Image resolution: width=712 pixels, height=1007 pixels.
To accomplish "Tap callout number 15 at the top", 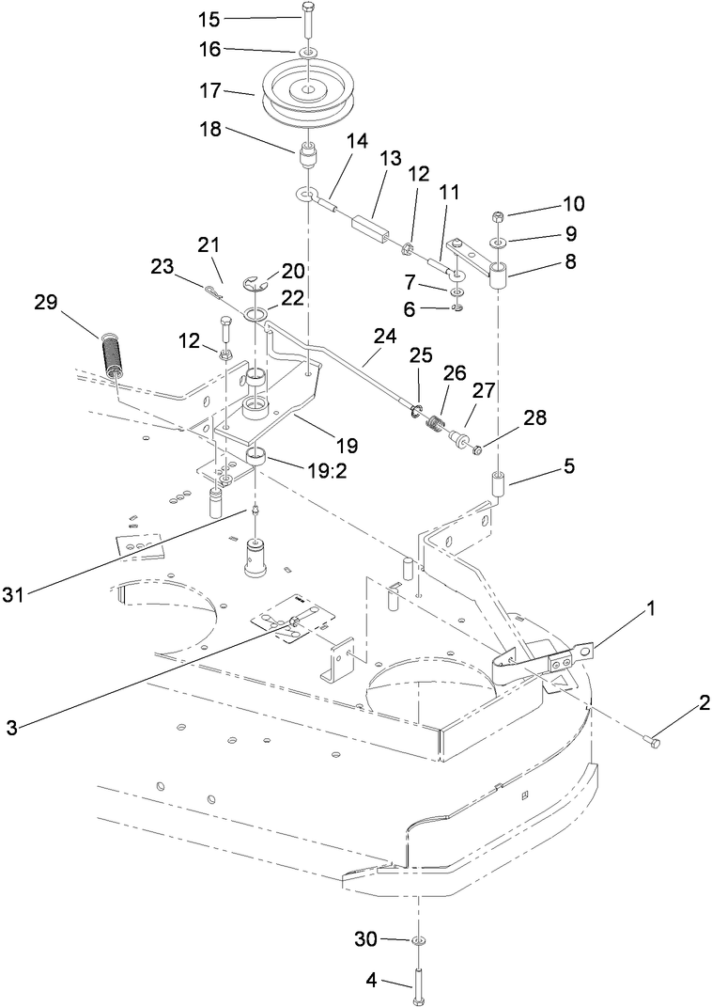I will (x=209, y=19).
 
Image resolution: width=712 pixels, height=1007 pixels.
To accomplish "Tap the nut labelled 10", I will (x=496, y=218).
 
